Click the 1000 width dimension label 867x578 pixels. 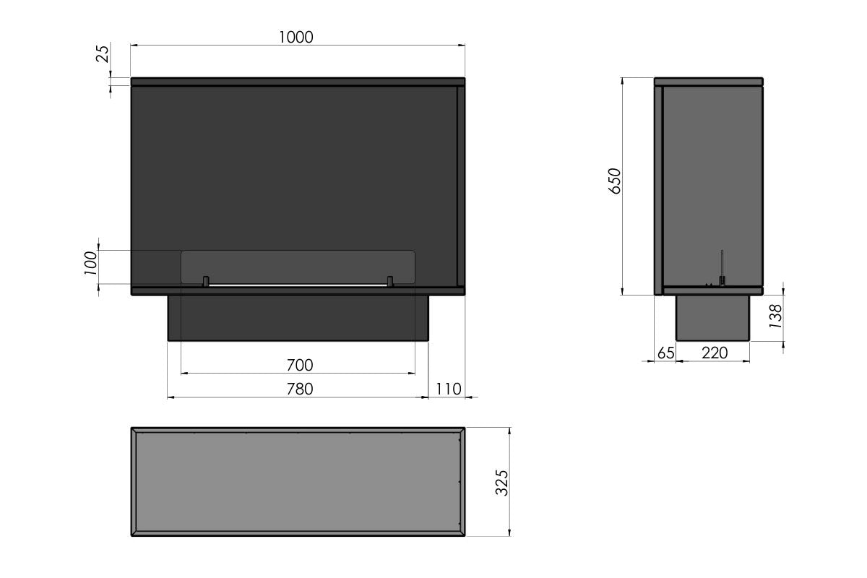pos(296,37)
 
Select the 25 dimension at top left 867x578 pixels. pos(103,53)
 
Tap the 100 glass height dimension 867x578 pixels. pos(90,263)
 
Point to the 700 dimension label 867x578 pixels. pos(300,365)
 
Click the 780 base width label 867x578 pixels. pos(300,389)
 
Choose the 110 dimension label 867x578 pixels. pos(449,389)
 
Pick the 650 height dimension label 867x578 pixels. pos(614,181)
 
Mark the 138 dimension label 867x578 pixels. pos(776,316)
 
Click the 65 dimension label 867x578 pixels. pos(665,353)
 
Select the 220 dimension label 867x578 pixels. pos(715,353)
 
